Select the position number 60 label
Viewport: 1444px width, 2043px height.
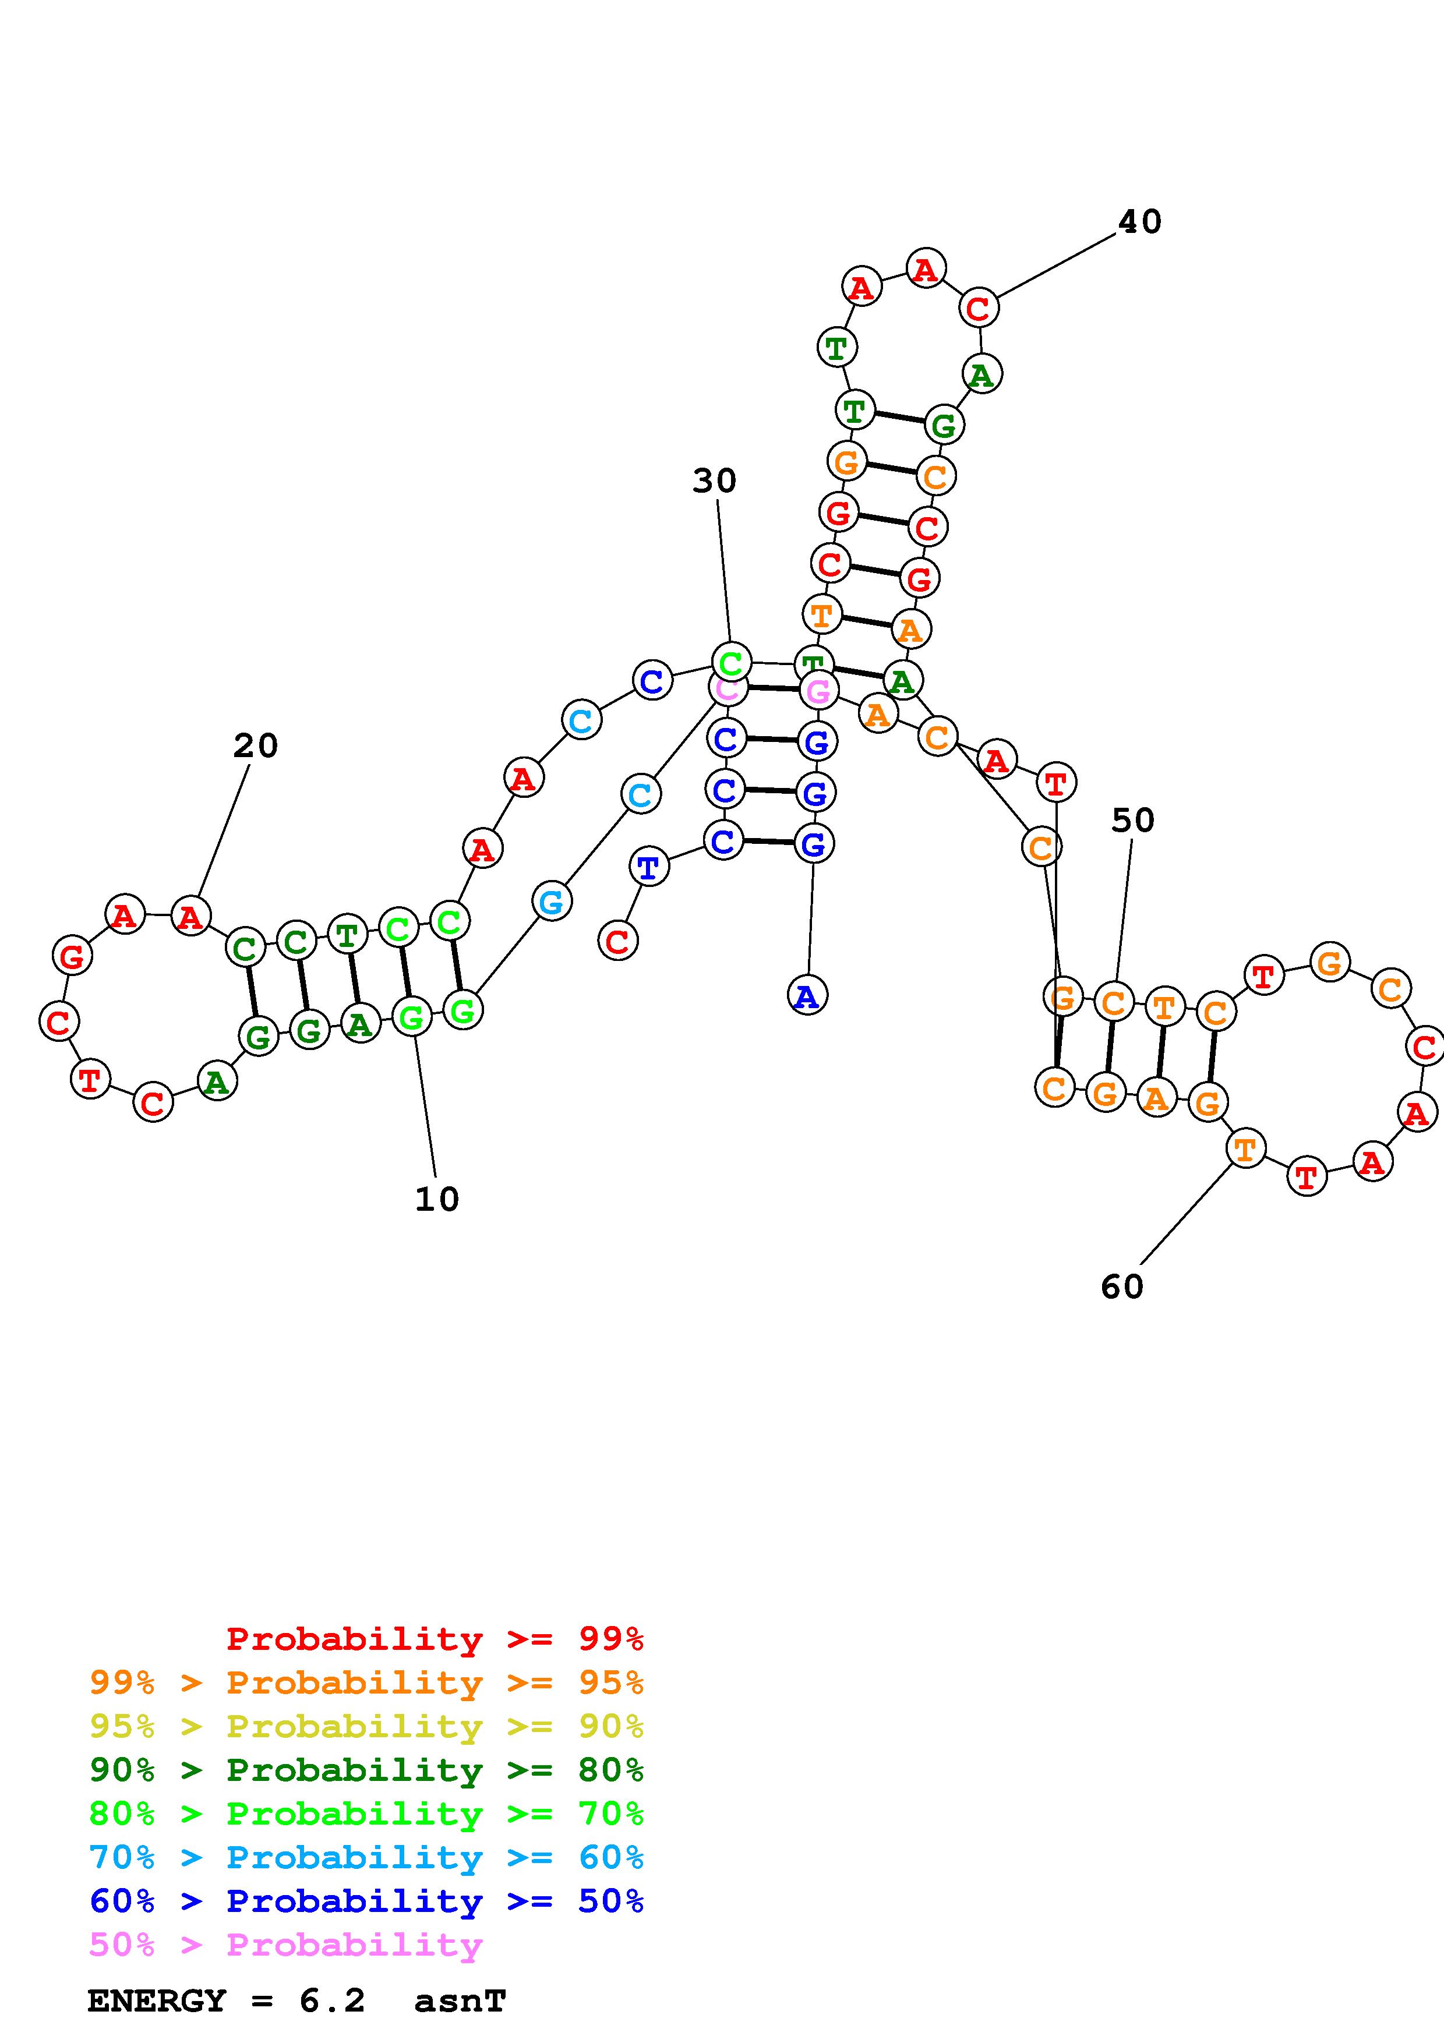pyautogui.click(x=1121, y=1286)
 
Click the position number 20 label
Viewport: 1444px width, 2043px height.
pyautogui.click(x=255, y=745)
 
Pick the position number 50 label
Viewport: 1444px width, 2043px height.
pyautogui.click(x=1132, y=821)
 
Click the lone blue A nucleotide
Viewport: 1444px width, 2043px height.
pyautogui.click(x=807, y=995)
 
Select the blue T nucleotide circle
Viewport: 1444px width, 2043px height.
pyautogui.click(x=648, y=866)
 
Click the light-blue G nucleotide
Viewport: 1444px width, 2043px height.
pyautogui.click(x=552, y=902)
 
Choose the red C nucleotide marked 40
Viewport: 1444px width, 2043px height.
pyautogui.click(x=978, y=308)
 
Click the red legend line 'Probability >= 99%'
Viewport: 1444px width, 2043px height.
pyautogui.click(x=434, y=1638)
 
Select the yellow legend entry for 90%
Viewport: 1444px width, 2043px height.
pyautogui.click(x=366, y=1726)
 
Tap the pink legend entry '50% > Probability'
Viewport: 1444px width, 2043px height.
pyautogui.click(x=285, y=1945)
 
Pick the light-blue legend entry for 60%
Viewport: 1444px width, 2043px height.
pyautogui.click(x=366, y=1857)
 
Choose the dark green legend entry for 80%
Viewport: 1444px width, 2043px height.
pyautogui.click(x=366, y=1770)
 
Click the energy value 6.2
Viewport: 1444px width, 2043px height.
pyautogui.click(x=332, y=2001)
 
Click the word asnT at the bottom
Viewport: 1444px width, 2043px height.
pyautogui.click(x=460, y=2001)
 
